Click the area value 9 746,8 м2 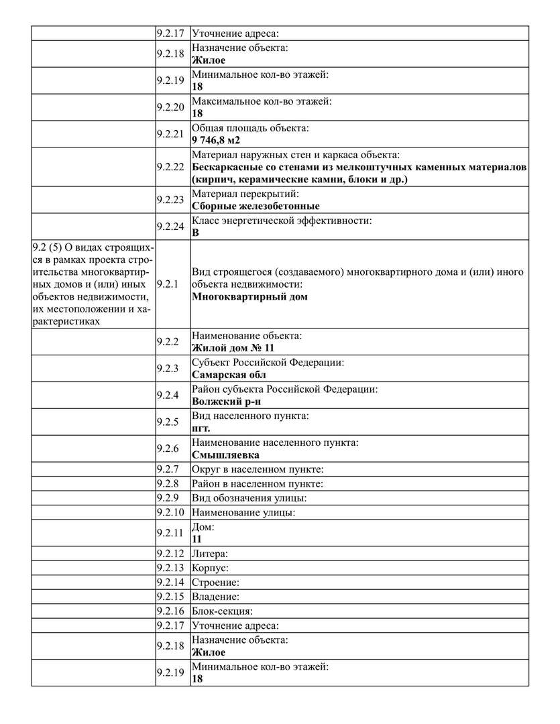[215, 140]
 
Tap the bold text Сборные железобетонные [256, 206]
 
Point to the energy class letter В [196, 233]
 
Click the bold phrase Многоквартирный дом [249, 296]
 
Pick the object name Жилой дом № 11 [233, 348]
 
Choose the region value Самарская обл [228, 375]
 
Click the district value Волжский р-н [226, 402]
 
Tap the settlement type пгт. [201, 428]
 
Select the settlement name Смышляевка [225, 455]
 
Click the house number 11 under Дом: [197, 539]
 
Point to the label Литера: [210, 554]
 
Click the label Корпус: [210, 568]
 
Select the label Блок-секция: [222, 611]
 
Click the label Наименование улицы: [243, 512]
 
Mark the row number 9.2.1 [168, 284]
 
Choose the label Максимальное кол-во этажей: [262, 101]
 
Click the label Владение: [215, 597]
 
